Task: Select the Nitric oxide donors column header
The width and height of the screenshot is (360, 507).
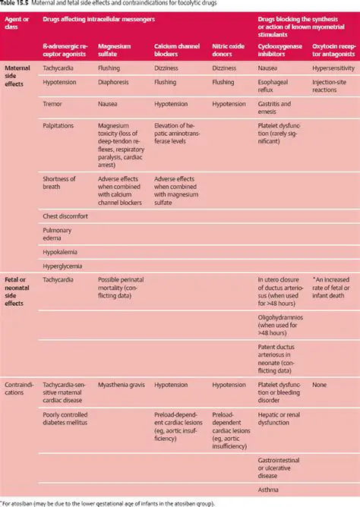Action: pyautogui.click(x=228, y=50)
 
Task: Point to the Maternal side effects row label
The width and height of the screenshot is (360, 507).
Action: pyautogui.click(x=17, y=77)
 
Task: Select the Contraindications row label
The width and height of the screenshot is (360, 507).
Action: pyautogui.click(x=19, y=389)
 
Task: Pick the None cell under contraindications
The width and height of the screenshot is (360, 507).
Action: pyautogui.click(x=320, y=385)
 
